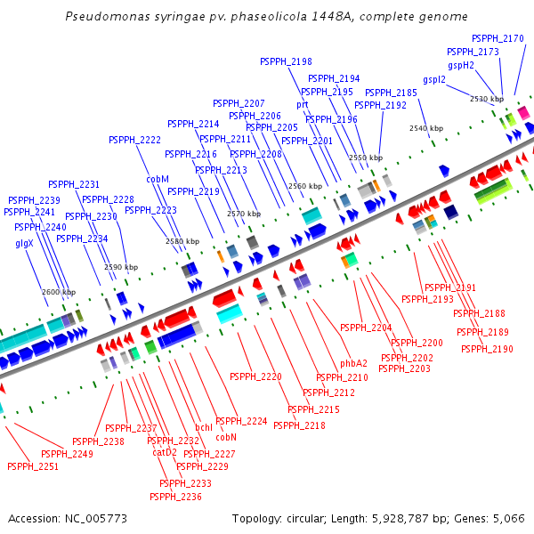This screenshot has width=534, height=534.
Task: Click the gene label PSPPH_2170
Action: click(498, 38)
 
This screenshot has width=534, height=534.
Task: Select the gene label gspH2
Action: click(461, 65)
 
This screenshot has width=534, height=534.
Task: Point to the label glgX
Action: click(24, 243)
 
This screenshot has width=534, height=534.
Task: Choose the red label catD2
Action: click(165, 451)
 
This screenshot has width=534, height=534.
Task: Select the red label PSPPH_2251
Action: click(32, 466)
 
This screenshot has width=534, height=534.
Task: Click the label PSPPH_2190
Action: click(487, 349)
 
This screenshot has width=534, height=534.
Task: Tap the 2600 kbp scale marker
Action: click(59, 292)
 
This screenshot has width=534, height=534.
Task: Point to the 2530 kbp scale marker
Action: click(487, 99)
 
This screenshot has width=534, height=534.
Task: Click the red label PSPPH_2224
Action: click(241, 421)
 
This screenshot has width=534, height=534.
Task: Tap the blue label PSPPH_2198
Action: click(286, 61)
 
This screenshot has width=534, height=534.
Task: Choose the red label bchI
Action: click(204, 427)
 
